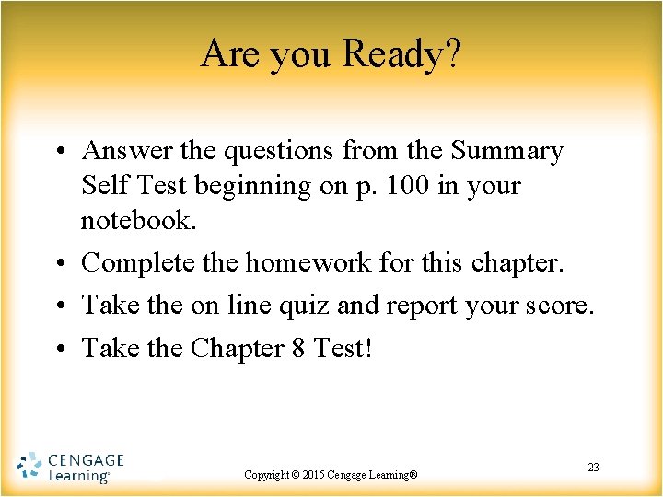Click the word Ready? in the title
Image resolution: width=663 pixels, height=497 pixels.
[x=401, y=54]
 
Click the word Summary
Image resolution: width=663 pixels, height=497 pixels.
[x=507, y=150]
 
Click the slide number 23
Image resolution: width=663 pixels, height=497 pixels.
[x=593, y=468]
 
